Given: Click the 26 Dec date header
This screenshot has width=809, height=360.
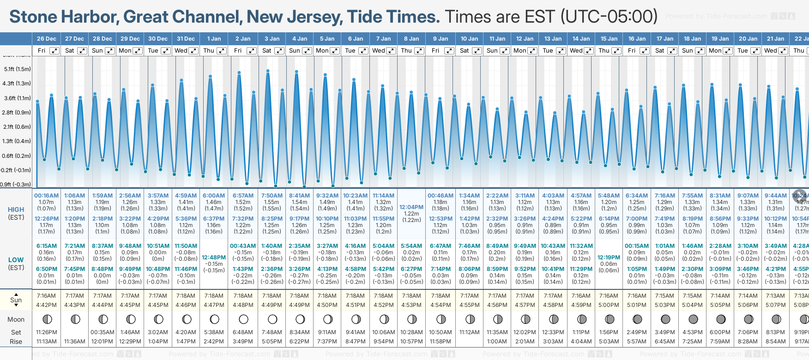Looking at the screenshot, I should [x=47, y=39].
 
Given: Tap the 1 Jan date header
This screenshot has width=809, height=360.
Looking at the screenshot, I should [x=214, y=39].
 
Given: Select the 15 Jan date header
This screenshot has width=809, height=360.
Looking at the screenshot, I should [x=609, y=39].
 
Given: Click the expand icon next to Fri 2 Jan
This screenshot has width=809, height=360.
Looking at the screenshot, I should [x=252, y=51].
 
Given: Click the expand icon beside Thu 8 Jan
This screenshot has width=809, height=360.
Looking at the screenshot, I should [x=419, y=51].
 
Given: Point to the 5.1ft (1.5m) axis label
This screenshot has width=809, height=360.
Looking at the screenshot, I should [x=17, y=69].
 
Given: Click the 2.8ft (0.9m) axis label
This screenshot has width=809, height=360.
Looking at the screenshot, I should [x=17, y=113].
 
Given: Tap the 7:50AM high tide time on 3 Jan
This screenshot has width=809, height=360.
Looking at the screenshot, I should [x=272, y=196].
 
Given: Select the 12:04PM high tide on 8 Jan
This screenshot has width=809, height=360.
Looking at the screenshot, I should [x=411, y=207].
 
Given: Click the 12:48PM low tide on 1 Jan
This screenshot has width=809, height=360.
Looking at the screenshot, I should [x=214, y=258].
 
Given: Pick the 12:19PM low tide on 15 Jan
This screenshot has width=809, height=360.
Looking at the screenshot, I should [x=609, y=258].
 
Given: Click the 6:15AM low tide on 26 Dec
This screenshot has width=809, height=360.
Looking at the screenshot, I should [x=46, y=246].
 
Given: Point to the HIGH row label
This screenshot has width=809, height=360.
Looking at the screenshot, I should [x=16, y=210].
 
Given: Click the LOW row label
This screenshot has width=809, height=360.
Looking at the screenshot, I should [x=16, y=260].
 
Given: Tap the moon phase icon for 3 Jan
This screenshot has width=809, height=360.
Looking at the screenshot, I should [x=272, y=319].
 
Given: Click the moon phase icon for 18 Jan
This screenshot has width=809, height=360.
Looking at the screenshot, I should [x=693, y=319].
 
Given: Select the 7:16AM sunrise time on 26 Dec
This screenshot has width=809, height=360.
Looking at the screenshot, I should [x=46, y=296].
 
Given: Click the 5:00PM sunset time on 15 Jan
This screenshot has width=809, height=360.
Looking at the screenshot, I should [x=609, y=305].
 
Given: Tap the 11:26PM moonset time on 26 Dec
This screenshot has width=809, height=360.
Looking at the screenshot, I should [x=46, y=332].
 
